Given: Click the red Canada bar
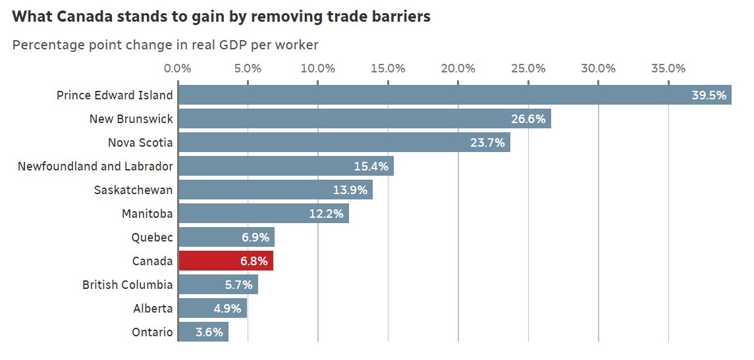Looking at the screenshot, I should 225,261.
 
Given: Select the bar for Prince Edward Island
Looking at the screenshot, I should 454,95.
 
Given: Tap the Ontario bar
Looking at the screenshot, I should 203,332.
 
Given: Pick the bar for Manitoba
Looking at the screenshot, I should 263,213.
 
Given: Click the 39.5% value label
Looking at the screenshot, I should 709,95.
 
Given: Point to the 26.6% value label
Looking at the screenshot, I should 528,119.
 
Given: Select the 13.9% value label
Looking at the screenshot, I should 350,190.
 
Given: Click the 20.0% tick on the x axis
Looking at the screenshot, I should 458,68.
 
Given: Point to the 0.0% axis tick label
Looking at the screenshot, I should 178,68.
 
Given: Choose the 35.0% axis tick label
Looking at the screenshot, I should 668,68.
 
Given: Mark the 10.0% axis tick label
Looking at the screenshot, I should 318,68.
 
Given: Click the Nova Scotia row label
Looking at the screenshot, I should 140,143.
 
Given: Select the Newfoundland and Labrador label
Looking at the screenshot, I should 95,167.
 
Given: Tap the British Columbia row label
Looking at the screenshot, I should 128,285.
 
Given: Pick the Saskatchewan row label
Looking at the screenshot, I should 134,190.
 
